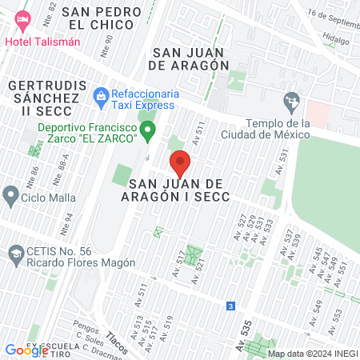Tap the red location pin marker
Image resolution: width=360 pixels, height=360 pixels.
[180, 164]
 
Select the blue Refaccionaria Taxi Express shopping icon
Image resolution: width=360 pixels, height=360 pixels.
[101, 98]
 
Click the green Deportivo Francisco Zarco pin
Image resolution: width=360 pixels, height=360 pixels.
[147, 130]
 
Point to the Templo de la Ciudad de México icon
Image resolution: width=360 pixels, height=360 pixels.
[291, 102]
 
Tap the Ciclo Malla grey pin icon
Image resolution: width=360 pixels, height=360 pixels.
[10, 194]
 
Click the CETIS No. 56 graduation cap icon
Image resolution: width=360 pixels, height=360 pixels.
[14, 255]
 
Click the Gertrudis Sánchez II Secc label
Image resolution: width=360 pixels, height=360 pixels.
[43, 98]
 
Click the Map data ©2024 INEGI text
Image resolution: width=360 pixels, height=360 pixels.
[312, 354]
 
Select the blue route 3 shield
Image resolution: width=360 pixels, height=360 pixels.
[231, 306]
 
